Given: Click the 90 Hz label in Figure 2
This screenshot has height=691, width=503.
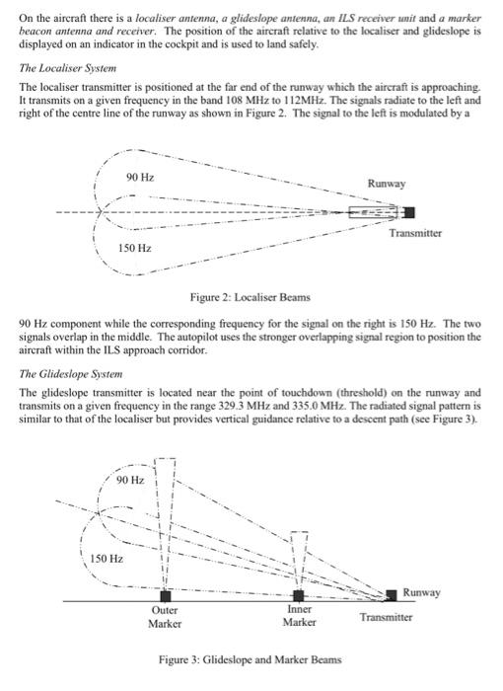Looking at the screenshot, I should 140,176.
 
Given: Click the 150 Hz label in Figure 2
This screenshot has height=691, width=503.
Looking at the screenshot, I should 135,248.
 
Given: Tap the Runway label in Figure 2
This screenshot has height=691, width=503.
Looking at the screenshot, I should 388,184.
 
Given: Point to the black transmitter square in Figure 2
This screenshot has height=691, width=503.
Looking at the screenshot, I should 408,212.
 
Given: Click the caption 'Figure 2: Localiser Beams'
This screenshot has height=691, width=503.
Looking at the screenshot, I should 251,297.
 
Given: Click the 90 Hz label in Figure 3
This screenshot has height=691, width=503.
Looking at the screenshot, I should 129,480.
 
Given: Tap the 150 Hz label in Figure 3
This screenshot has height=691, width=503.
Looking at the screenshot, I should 107,559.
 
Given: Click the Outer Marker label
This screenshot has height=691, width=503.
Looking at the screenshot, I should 165,617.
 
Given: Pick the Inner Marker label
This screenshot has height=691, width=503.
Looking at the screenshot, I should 299,617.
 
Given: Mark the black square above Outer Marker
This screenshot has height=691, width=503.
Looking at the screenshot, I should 165,596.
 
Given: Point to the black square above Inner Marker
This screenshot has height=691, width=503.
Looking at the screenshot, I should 300,596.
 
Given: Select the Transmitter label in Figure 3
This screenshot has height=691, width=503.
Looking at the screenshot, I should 385,617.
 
